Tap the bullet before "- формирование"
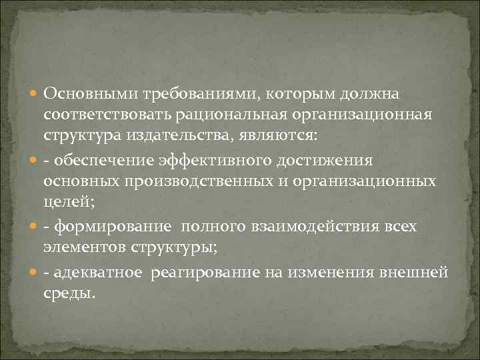coord(34,227)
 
